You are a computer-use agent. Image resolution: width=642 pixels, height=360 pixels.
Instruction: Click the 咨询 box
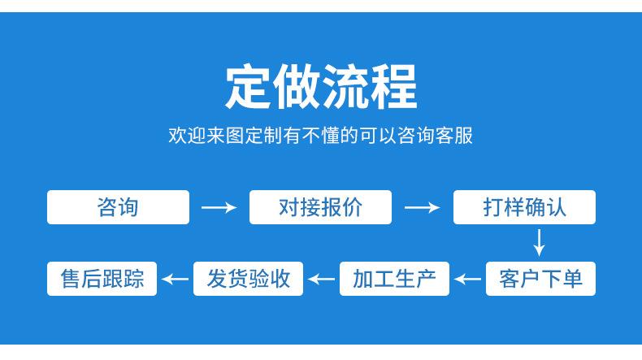[x=118, y=207]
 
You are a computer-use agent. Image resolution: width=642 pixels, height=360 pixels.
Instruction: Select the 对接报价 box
[x=320, y=207]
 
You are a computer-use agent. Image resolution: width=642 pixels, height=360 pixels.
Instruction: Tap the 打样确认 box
[x=524, y=207]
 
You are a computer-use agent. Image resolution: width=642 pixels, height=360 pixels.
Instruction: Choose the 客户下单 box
[x=540, y=279]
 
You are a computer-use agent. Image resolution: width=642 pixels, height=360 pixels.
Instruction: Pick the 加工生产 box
[x=394, y=279]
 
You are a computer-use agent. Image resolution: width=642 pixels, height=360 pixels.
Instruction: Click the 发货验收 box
[x=248, y=279]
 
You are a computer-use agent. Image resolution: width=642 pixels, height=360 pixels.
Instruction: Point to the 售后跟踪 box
[x=102, y=279]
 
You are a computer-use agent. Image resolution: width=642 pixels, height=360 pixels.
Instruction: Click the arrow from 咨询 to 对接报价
[x=219, y=207]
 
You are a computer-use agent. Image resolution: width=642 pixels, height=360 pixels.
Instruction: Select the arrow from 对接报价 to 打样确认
[x=422, y=207]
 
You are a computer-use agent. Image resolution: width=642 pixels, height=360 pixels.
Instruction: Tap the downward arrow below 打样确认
[x=540, y=243]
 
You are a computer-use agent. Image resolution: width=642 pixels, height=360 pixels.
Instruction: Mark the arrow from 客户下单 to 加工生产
[x=467, y=280]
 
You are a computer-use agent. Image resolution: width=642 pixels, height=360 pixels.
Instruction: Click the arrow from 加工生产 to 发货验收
[x=322, y=280]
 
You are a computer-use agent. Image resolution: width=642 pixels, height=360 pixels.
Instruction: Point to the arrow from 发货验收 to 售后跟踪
[x=176, y=280]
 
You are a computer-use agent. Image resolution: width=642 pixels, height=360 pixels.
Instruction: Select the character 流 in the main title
[x=345, y=87]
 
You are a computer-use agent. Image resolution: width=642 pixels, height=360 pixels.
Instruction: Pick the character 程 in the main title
[x=393, y=87]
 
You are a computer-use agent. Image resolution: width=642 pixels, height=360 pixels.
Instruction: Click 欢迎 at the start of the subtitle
[x=187, y=135]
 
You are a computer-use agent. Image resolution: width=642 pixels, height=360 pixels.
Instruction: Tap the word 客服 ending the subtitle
[x=454, y=135]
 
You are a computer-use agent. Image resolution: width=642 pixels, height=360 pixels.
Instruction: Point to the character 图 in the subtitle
[x=235, y=135]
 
